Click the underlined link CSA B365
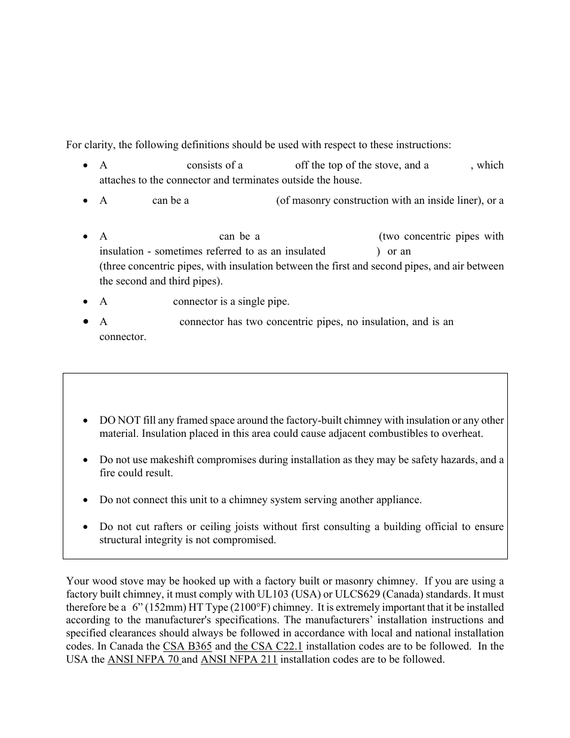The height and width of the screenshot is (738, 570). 187,646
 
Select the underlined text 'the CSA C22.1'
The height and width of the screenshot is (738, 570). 268,646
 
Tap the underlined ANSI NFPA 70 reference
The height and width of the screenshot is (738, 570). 143,659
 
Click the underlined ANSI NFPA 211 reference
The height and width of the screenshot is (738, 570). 239,659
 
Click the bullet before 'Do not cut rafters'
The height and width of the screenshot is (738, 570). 87,527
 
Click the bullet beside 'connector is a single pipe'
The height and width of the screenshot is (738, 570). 87,302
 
